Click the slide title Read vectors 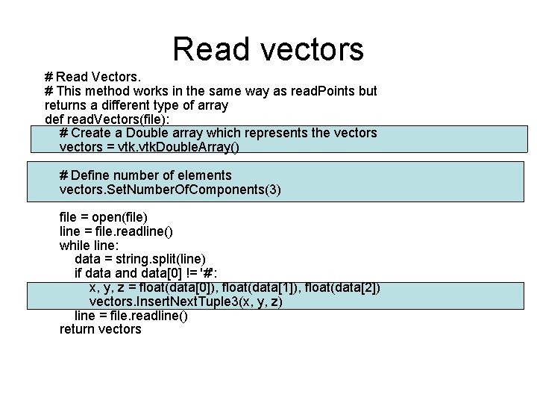268,49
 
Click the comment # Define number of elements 145,175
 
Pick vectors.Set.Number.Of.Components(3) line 170,190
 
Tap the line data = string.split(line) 139,259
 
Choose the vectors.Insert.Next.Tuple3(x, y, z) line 186,302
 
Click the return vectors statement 100,329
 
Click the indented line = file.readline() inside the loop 131,315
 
